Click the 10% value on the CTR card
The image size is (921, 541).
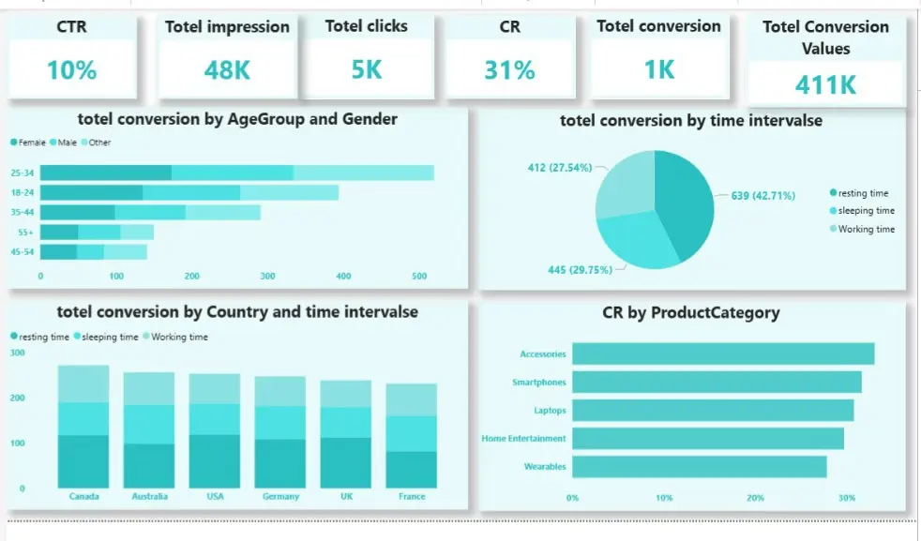72,69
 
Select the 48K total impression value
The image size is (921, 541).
227,69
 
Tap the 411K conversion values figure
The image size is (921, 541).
825,84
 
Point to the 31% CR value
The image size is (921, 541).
509,69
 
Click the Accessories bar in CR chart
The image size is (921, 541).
722,353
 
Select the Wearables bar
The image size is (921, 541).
699,466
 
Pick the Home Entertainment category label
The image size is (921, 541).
523,438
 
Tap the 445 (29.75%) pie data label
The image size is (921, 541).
580,270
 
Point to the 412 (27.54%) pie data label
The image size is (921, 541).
560,168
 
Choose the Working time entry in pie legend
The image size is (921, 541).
866,229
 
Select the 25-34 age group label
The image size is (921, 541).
23,173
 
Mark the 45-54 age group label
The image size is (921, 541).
23,251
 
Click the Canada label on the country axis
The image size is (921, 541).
83,496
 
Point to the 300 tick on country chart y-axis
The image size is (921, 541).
17,353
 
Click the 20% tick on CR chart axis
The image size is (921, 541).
755,498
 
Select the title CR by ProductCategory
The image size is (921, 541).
690,313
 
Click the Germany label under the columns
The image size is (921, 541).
280,496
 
